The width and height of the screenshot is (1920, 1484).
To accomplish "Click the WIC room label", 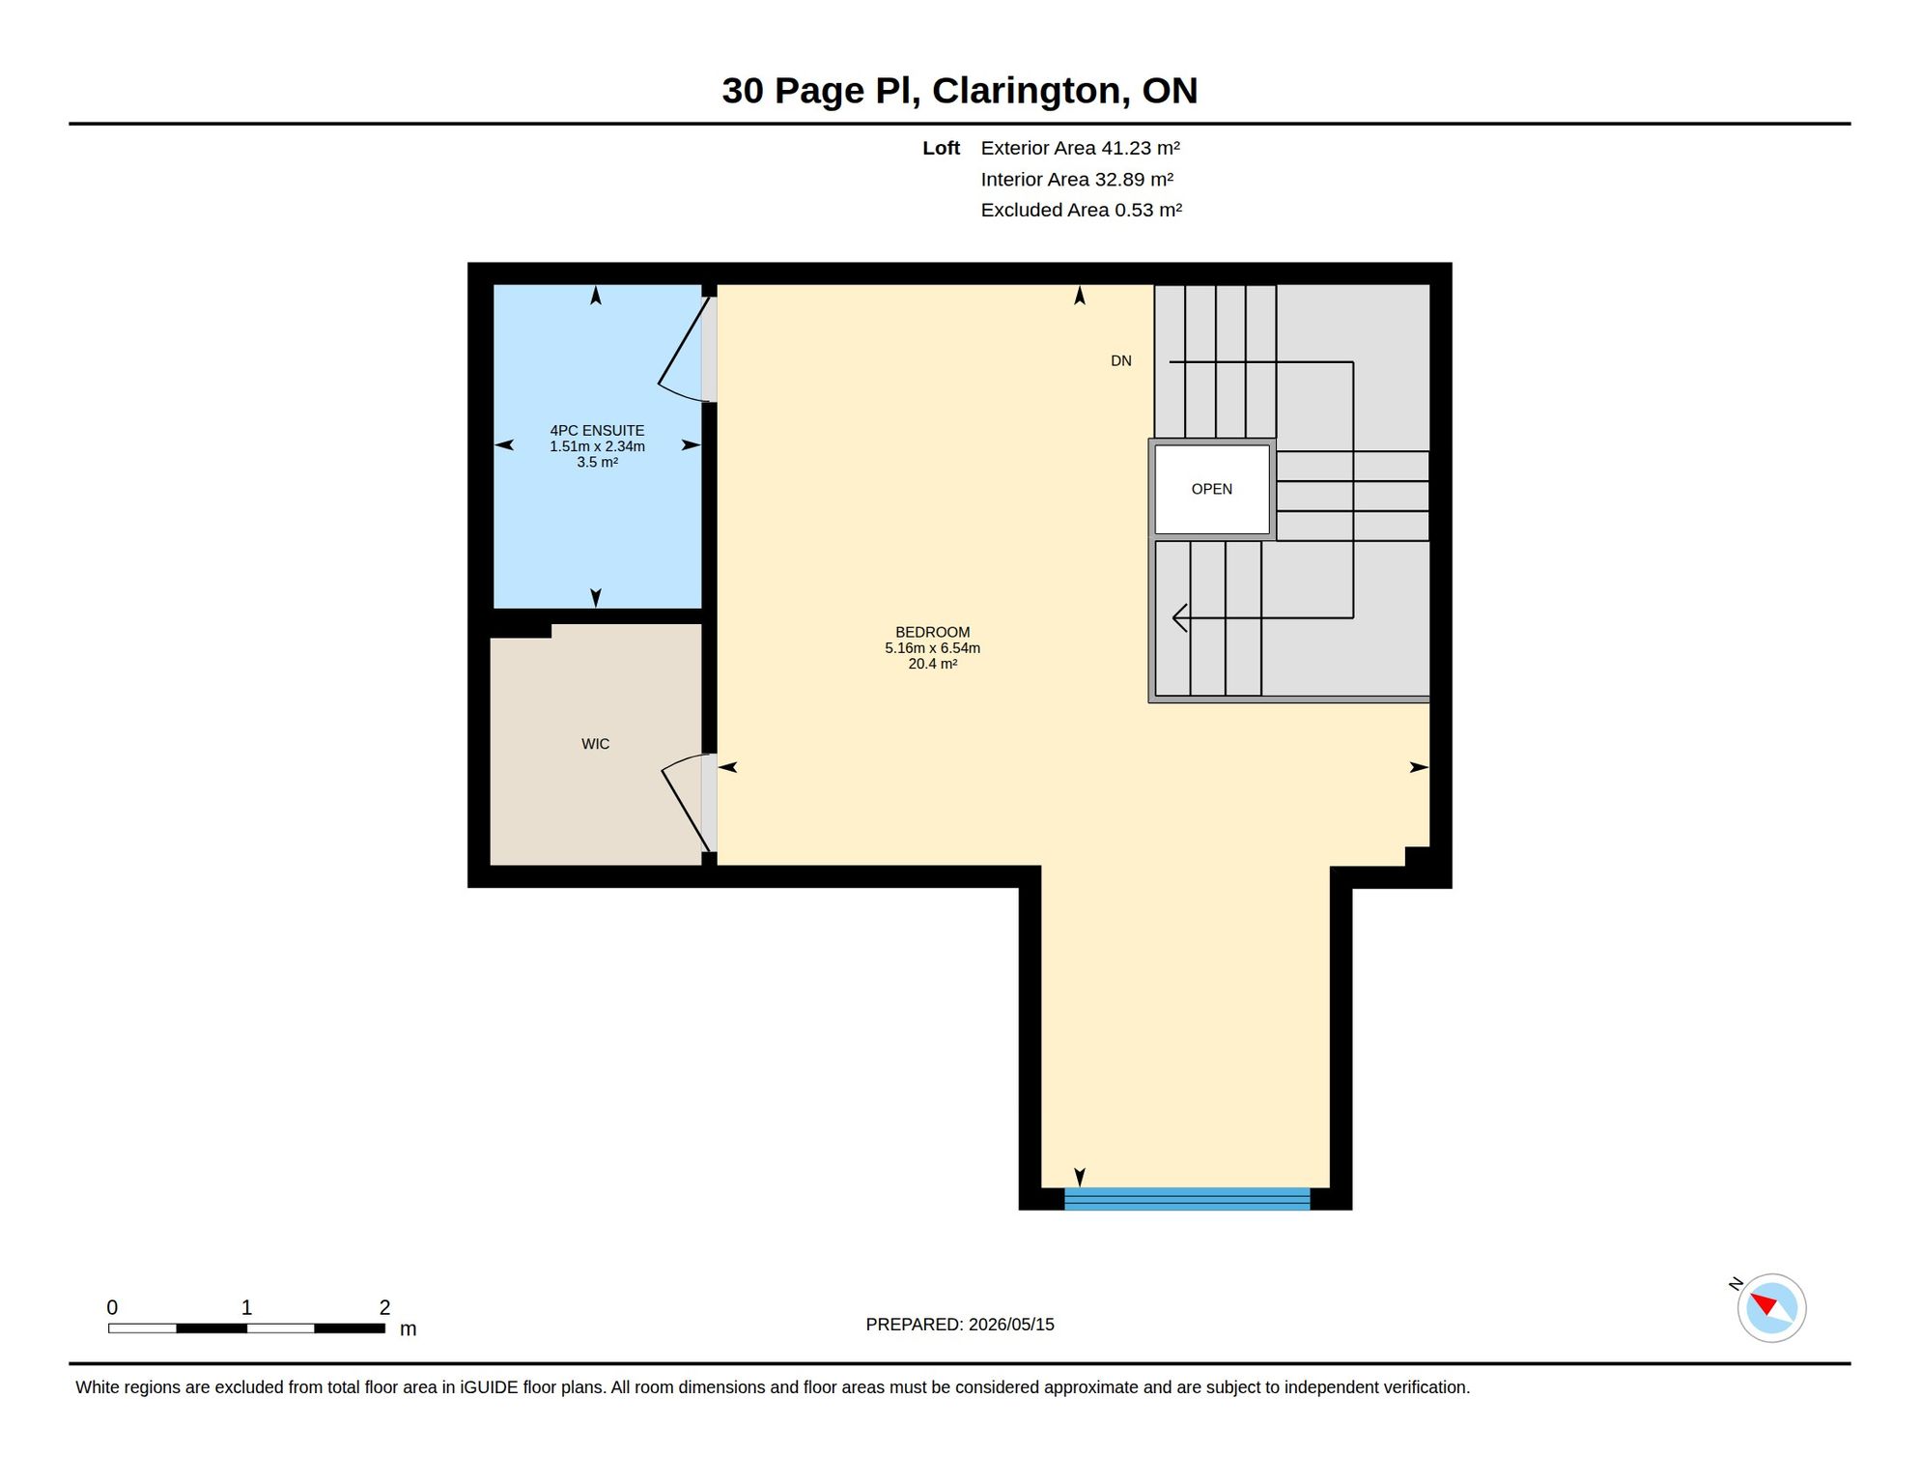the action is [595, 744].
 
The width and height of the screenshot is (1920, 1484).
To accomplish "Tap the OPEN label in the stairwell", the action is [1211, 489].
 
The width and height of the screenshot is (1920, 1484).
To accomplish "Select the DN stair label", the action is [1120, 360].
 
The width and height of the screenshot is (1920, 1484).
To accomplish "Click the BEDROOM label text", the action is [932, 632].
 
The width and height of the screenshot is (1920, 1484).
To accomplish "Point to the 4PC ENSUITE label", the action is [597, 430].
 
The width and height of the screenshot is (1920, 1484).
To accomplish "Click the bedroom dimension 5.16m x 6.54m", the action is [932, 648].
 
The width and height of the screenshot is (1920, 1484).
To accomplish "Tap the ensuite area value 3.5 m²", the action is [597, 462].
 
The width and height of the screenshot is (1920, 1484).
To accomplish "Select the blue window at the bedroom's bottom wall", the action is [1187, 1198].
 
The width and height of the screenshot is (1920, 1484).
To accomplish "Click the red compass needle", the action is [1764, 1303].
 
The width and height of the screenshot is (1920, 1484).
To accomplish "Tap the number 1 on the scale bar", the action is [246, 1307].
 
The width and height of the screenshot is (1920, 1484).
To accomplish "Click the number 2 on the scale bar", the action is [384, 1307].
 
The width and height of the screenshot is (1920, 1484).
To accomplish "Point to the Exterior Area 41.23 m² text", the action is [1080, 148].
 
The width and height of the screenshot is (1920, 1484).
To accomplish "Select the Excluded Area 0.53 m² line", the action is [1081, 210].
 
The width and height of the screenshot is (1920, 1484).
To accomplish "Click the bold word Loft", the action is [941, 148].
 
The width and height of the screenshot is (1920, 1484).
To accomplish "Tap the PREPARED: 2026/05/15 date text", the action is [960, 1325].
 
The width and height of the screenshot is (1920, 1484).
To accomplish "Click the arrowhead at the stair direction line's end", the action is [1179, 617].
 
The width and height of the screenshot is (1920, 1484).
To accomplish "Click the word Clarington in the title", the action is [1031, 90].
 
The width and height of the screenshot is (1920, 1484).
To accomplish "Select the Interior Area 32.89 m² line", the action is [1077, 179].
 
